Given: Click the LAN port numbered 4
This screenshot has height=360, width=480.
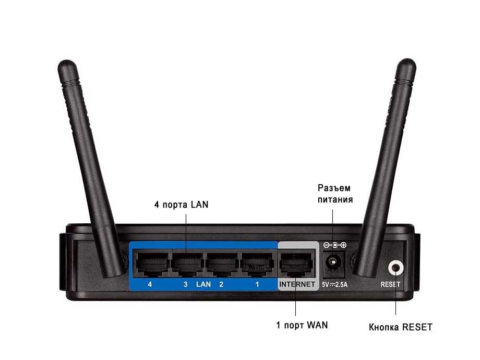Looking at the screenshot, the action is [x=150, y=263].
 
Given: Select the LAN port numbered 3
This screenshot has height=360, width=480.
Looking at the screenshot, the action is [x=186, y=263].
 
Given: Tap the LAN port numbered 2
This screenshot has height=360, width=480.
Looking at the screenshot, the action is [x=221, y=263].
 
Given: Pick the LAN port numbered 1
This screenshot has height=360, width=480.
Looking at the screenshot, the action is [x=257, y=263].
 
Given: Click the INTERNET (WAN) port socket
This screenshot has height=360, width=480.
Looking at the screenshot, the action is [x=297, y=263].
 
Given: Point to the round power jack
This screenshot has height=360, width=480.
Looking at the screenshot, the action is [x=333, y=262].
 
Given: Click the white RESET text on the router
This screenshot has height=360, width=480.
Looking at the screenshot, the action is [x=390, y=284].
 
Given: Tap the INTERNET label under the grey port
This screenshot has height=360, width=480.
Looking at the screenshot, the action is [x=297, y=284].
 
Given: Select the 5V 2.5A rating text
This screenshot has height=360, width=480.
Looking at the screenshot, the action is [x=334, y=285].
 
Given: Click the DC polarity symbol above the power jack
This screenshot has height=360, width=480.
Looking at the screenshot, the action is [x=335, y=245].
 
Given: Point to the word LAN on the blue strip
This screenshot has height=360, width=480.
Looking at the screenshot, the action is [x=203, y=284].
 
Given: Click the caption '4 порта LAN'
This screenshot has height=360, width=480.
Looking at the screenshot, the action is [x=181, y=205].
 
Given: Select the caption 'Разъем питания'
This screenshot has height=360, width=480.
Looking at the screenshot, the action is [x=335, y=194].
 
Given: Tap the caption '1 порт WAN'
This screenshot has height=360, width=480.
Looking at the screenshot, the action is [x=302, y=325].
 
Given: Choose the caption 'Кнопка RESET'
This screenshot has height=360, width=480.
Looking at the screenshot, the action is [x=400, y=327].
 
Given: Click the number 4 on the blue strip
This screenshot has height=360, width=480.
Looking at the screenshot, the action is [x=150, y=284].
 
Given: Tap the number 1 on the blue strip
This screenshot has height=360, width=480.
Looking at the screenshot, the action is [x=257, y=284].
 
